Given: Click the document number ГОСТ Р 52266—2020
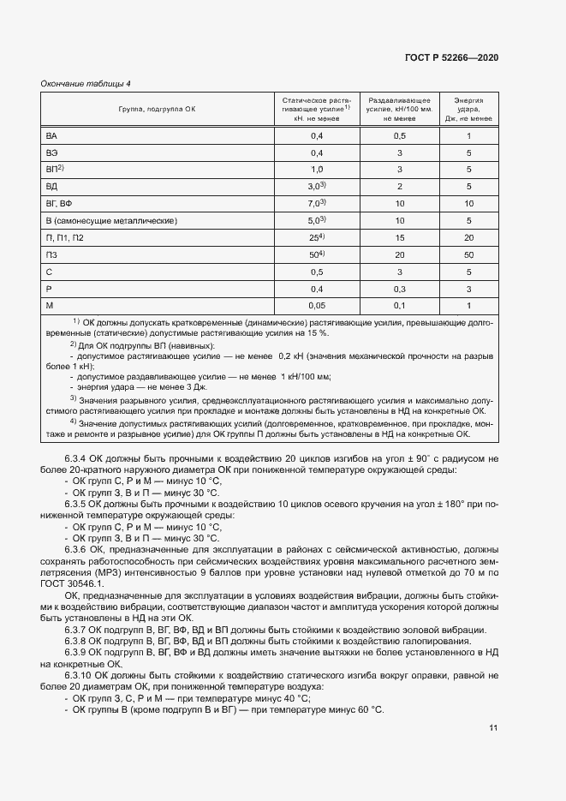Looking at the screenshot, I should coord(451,57).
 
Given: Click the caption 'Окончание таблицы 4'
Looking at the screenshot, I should coord(86,83).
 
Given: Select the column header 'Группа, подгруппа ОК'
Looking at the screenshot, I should coord(158,110).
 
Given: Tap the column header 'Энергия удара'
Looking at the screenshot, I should coord(468,110).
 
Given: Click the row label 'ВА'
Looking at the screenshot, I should coord(51,136).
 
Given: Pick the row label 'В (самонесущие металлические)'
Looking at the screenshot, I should coord(110,220).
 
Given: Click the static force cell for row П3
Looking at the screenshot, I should coord(317,254).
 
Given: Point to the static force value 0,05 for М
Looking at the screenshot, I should coord(317,305).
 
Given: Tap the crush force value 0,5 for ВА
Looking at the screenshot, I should coord(399,136).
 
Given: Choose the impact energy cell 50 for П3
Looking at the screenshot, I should coord(468,254).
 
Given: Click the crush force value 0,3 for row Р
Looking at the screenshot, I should coord(399,288).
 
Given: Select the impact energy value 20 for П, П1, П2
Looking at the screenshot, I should coord(468,237).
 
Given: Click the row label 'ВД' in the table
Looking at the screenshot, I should coord(51,187).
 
